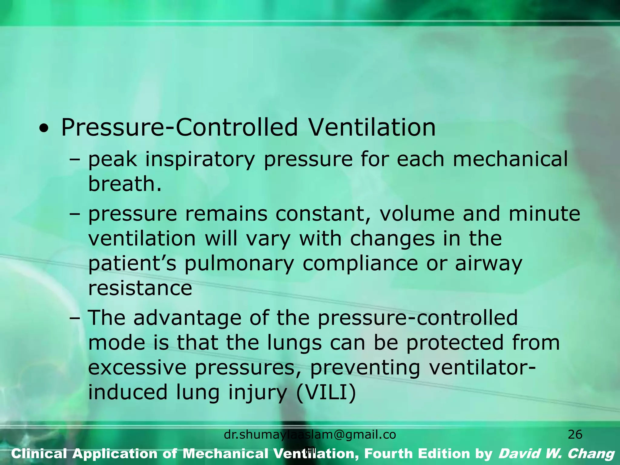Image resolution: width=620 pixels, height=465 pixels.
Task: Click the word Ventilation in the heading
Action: tap(372, 127)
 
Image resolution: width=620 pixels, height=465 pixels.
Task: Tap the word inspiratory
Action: tap(200, 160)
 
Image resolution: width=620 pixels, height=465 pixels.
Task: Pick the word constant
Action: tap(323, 214)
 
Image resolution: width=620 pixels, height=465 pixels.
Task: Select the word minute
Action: tap(544, 214)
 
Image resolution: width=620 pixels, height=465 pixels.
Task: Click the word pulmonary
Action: tap(239, 264)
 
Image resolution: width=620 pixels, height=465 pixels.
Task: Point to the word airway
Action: tap(489, 264)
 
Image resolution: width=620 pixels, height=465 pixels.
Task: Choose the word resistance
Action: tap(140, 288)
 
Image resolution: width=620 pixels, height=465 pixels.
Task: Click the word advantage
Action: tap(187, 318)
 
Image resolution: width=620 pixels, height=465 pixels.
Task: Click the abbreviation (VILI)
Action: tap(326, 393)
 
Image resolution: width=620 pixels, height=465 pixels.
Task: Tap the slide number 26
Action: tap(575, 435)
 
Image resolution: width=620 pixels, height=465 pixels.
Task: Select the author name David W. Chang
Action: tap(556, 454)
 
